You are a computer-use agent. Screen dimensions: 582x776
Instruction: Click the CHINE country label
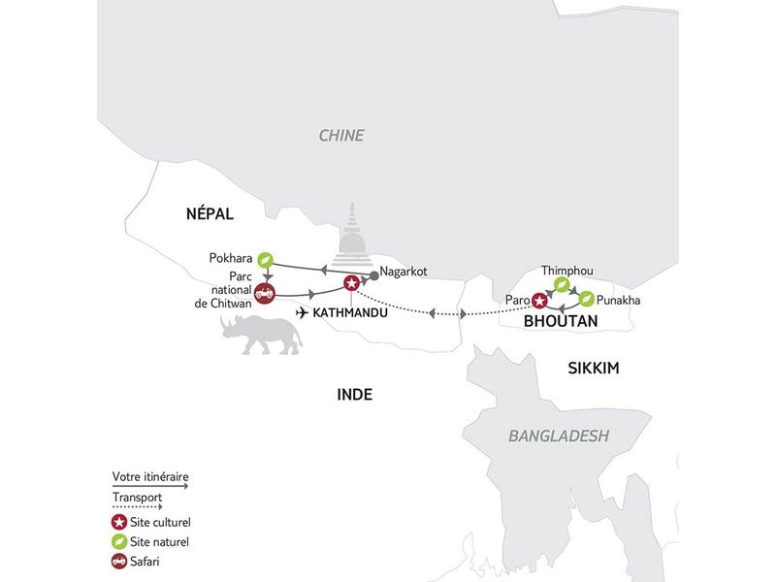coord(341,136)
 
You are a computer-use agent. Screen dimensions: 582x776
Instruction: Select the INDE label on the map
coord(354,395)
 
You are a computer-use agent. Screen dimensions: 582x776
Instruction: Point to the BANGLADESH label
coord(559,436)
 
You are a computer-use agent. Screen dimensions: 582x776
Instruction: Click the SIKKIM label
coord(594,369)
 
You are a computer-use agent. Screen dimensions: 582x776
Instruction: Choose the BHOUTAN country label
coord(561,321)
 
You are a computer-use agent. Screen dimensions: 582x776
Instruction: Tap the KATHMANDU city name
coord(344,313)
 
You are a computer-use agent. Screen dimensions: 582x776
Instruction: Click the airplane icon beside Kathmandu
coord(303,313)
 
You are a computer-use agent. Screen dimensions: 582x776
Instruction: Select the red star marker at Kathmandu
coord(351,283)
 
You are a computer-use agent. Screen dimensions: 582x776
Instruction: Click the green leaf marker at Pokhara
coord(265,259)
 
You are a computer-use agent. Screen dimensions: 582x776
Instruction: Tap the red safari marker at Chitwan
coord(265,292)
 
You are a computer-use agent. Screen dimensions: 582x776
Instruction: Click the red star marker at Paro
coord(539,300)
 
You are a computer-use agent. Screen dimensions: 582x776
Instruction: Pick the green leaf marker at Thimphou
coord(561,284)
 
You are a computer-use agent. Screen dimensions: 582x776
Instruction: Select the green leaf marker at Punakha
coord(587,300)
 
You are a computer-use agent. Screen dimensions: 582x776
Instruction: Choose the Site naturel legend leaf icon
coord(119,542)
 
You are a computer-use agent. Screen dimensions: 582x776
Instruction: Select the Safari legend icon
coord(119,561)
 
